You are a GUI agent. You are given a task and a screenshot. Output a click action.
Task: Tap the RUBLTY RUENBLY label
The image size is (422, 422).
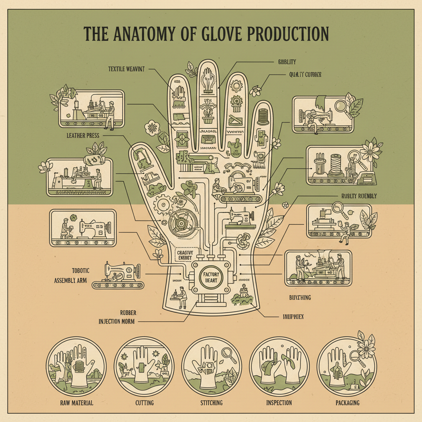click(359, 196)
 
